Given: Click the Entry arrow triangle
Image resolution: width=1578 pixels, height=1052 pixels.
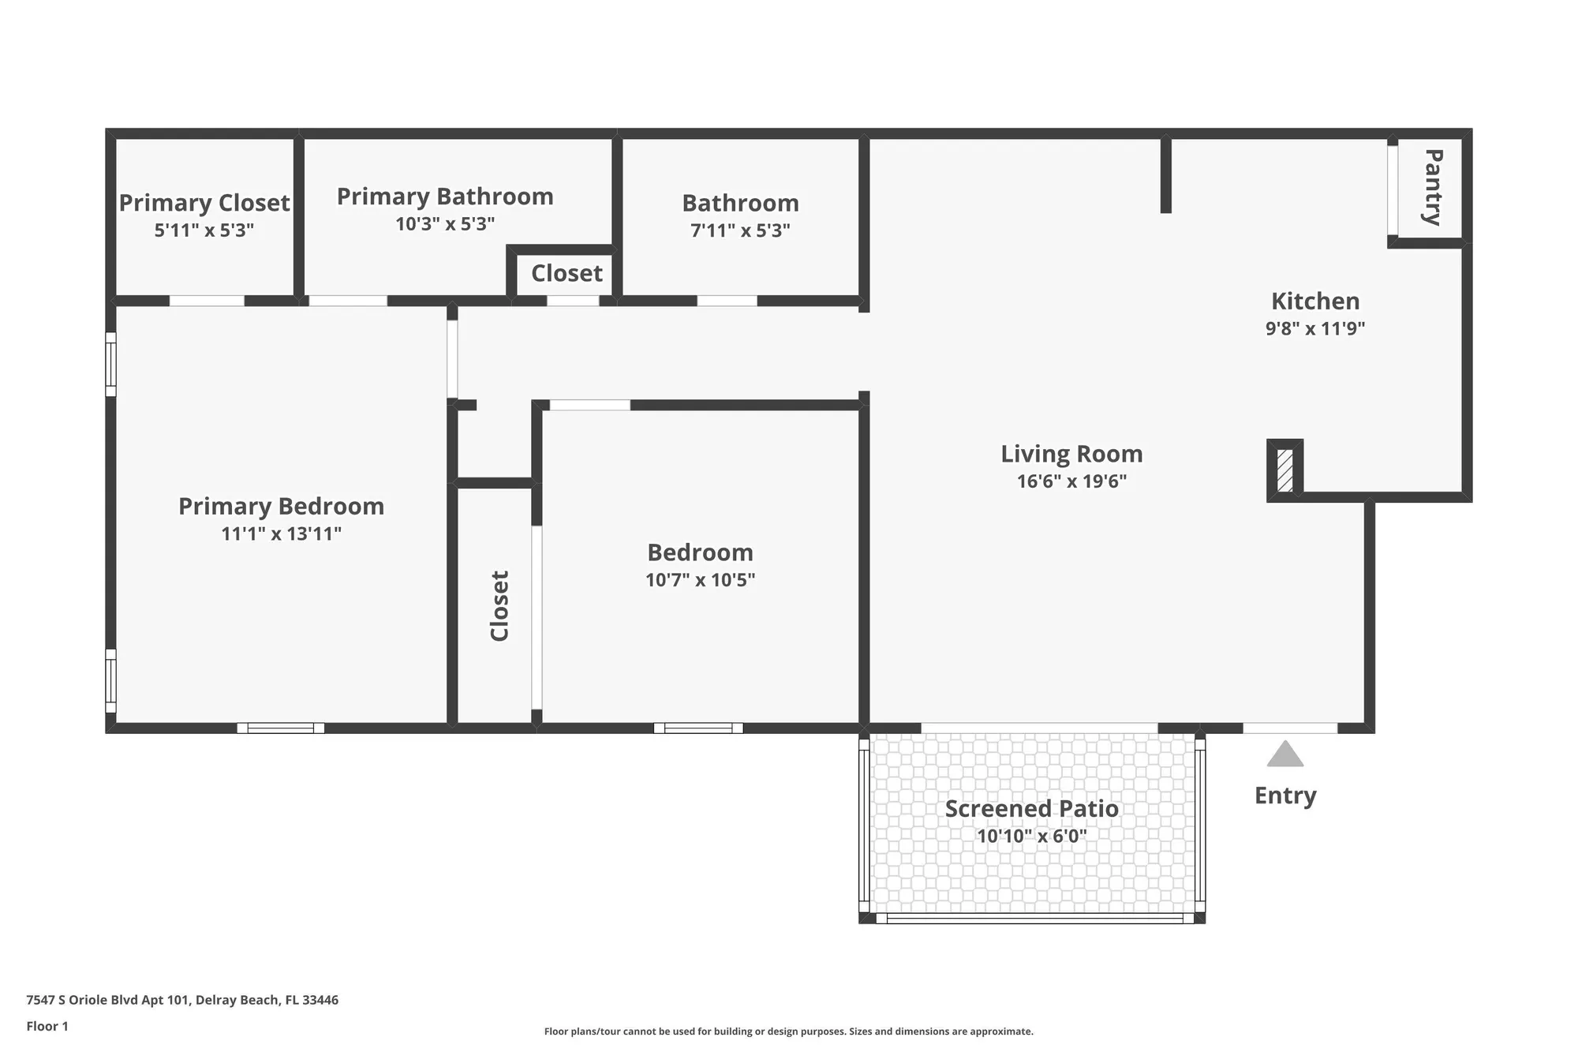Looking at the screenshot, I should point(1284,755).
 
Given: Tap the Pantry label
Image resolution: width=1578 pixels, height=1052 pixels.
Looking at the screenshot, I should point(1433,187).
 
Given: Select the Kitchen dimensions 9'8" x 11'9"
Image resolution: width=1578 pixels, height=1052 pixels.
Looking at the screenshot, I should point(1314,328).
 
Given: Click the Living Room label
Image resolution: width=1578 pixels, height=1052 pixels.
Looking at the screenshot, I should point(1071,454).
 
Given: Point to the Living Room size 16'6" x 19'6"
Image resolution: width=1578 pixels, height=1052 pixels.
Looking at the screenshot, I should point(1071,481).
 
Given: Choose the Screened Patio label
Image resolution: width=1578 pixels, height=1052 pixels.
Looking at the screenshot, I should point(1031,809).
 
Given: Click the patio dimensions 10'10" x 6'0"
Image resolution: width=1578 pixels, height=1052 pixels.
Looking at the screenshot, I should point(1031,837).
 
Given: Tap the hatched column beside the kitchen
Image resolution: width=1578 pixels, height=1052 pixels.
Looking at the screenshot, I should point(1284,470).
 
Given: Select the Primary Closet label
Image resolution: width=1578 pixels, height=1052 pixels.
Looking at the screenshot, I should point(204,203).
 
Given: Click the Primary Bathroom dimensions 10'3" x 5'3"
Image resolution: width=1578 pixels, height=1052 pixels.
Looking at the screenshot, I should point(445,224).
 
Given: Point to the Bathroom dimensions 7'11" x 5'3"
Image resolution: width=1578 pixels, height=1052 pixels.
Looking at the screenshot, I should point(740,230).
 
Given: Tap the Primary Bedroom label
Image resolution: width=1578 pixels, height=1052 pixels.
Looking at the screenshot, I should point(281,506).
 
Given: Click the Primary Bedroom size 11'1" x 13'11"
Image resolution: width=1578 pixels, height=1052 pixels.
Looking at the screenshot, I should point(281,533).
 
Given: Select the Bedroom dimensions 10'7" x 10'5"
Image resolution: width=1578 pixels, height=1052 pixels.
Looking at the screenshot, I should point(700,580).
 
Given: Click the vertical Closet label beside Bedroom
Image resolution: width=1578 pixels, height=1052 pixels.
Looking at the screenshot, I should point(499,605).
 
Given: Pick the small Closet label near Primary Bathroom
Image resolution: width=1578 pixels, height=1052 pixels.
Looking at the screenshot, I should point(567,273).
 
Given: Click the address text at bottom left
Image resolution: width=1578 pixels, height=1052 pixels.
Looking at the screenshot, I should point(182,1000).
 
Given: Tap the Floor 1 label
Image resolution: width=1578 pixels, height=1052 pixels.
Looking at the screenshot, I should point(47,1026).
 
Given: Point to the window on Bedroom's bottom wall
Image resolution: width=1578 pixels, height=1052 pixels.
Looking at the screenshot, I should point(698,728).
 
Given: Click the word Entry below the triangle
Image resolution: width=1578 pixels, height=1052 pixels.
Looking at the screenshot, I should point(1285,796).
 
